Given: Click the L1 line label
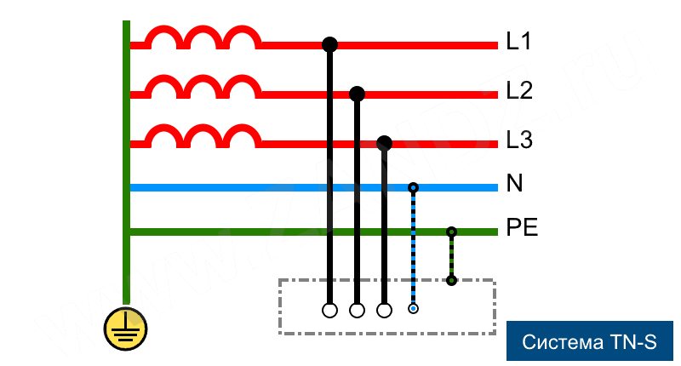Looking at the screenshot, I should point(518,41).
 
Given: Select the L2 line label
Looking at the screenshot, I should point(519,90).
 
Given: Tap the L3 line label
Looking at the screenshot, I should point(519,140).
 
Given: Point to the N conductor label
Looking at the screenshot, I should point(514,184).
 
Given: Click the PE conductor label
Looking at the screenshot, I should point(522,228).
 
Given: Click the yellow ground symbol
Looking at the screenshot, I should point(125,329).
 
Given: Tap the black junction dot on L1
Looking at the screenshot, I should point(329,43).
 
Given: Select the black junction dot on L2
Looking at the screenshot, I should point(357,93).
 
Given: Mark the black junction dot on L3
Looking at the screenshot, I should point(384,142).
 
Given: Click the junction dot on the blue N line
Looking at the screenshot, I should point(413,187).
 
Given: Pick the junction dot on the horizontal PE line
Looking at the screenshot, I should point(451,232).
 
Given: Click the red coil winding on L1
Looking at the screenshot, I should point(202,37).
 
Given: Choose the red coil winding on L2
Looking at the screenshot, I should point(202,87).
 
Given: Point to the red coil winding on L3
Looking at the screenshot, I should point(202,136).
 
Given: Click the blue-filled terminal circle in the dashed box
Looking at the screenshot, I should point(413,309).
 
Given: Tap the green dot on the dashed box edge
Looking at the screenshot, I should point(451,280).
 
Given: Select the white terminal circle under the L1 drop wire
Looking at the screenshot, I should point(329,310).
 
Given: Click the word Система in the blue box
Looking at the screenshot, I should point(563,343).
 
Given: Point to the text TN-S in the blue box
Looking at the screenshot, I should point(632,343).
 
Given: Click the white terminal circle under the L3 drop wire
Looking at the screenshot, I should point(384,310).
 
